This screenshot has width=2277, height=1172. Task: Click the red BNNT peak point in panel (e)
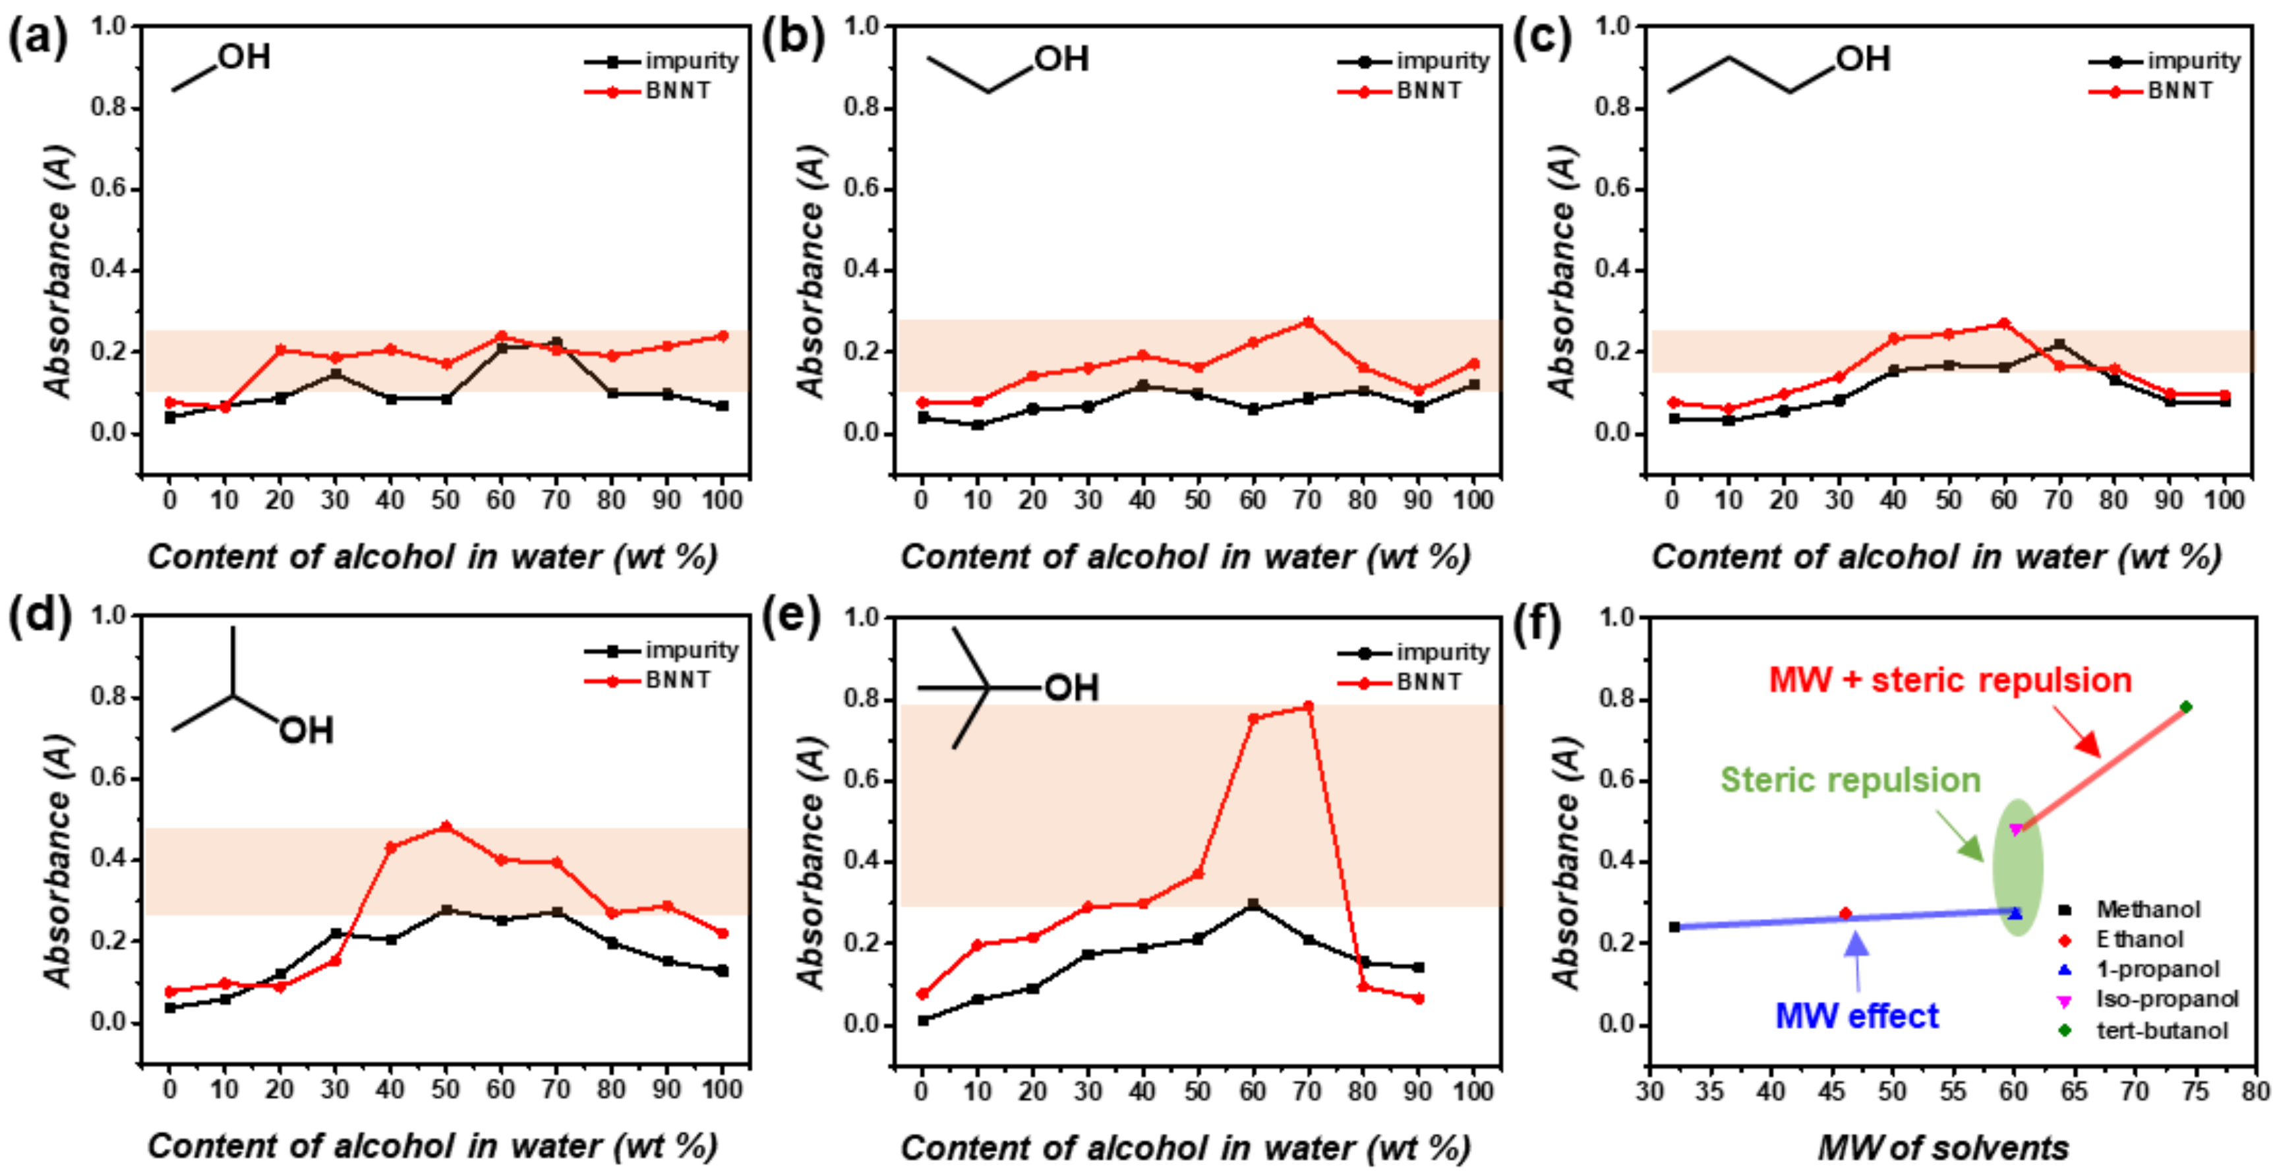click(1308, 706)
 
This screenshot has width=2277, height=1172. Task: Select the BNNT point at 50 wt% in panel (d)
click(446, 827)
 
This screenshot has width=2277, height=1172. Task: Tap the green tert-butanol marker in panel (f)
click(2186, 706)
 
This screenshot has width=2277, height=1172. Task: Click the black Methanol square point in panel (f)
click(1674, 926)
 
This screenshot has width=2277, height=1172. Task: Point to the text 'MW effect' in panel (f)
click(1856, 1016)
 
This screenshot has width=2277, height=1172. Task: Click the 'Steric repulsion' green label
click(1849, 780)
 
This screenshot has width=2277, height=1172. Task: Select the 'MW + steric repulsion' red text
click(1950, 680)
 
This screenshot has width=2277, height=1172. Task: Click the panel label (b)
click(792, 40)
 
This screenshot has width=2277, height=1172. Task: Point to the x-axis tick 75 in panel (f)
click(2195, 1091)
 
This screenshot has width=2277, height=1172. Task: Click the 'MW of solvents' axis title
click(1943, 1147)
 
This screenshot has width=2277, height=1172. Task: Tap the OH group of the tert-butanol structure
click(1071, 688)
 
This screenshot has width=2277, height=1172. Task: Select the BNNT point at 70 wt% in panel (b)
click(1308, 322)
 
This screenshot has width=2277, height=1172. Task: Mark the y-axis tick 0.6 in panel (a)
click(108, 189)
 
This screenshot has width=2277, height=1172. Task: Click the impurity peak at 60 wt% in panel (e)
click(1253, 904)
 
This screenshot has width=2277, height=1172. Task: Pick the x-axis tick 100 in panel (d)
click(721, 1089)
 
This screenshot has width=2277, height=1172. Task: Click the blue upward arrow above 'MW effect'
click(1857, 947)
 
